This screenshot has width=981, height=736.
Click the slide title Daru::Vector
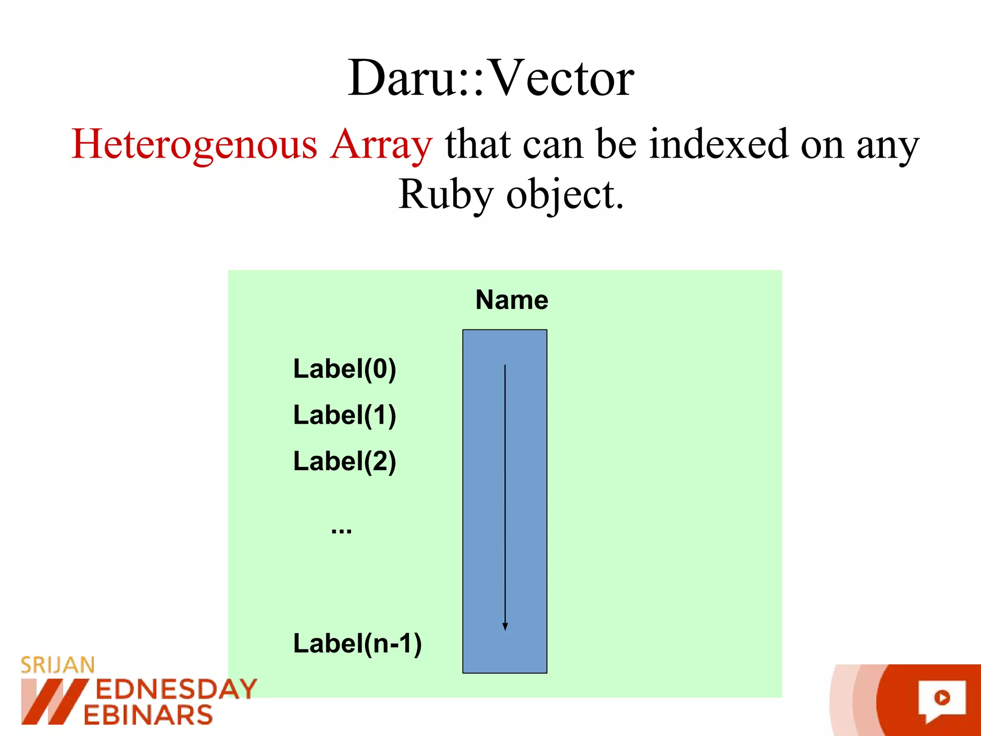[x=490, y=78]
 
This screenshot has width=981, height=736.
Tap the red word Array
[x=381, y=145]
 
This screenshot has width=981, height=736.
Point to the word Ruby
[x=446, y=195]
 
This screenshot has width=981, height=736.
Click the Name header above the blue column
[x=512, y=300]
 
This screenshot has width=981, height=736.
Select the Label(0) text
[x=344, y=369]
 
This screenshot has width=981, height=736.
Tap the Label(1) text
[x=344, y=415]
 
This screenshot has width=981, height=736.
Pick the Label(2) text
[x=344, y=461]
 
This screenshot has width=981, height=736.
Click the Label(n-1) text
[x=357, y=643]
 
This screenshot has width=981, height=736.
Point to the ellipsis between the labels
[x=342, y=530]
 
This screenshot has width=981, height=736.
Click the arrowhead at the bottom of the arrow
[x=505, y=627]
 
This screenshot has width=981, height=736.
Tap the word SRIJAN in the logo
[x=57, y=665]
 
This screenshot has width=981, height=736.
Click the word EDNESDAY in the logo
[x=176, y=690]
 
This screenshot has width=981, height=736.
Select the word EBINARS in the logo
[x=148, y=715]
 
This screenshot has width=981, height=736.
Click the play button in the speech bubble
[x=942, y=698]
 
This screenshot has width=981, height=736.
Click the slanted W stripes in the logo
[x=53, y=701]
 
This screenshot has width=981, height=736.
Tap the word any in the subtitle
[x=888, y=145]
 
